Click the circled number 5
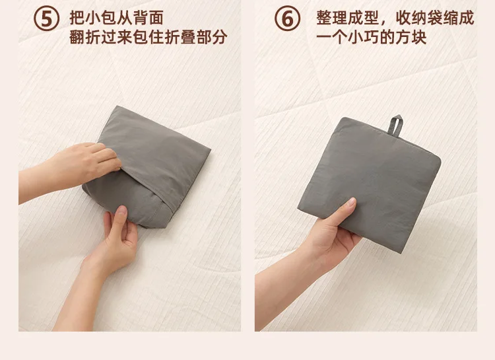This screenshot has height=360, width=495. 46,19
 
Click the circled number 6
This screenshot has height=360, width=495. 287,19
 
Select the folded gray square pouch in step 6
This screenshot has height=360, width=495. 370,184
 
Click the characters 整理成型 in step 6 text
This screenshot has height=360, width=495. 348,18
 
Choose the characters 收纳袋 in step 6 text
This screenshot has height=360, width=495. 419,18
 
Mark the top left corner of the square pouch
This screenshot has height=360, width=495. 343,118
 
